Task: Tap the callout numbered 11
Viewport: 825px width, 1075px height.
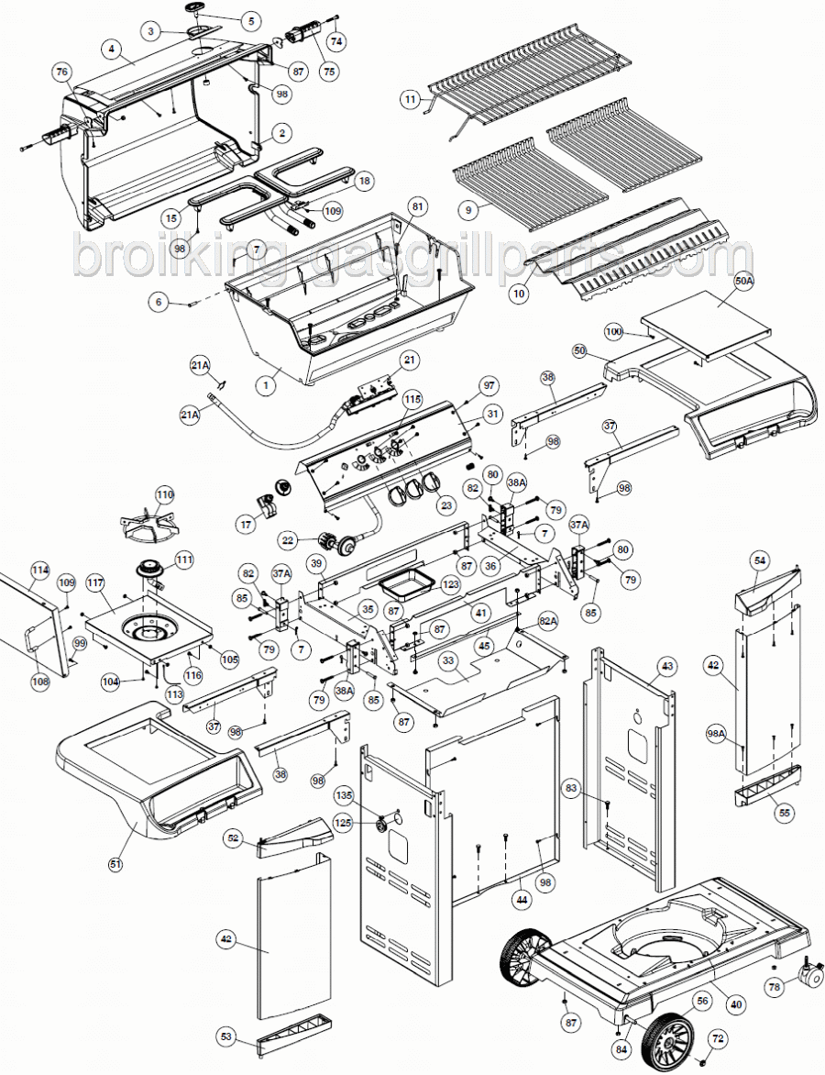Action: coord(410,98)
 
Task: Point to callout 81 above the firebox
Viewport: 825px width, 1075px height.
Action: coord(417,207)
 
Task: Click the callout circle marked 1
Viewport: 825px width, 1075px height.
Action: coord(265,386)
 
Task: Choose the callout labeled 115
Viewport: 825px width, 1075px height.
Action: coord(413,400)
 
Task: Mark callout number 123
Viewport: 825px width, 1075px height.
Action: coord(450,584)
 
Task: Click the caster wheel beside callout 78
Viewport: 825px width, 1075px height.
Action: coord(808,976)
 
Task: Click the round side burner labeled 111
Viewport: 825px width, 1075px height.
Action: coord(150,572)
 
